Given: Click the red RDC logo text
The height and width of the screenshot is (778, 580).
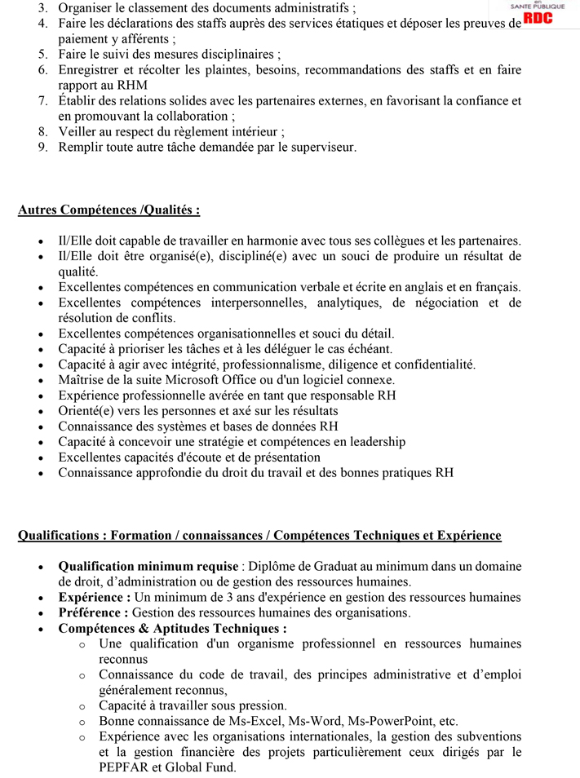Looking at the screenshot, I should [538, 19].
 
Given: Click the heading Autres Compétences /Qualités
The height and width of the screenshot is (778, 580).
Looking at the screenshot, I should [108, 210].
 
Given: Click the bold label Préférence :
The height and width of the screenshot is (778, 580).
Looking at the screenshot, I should [93, 613].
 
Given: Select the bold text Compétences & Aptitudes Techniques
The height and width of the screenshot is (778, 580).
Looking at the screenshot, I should [171, 629].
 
